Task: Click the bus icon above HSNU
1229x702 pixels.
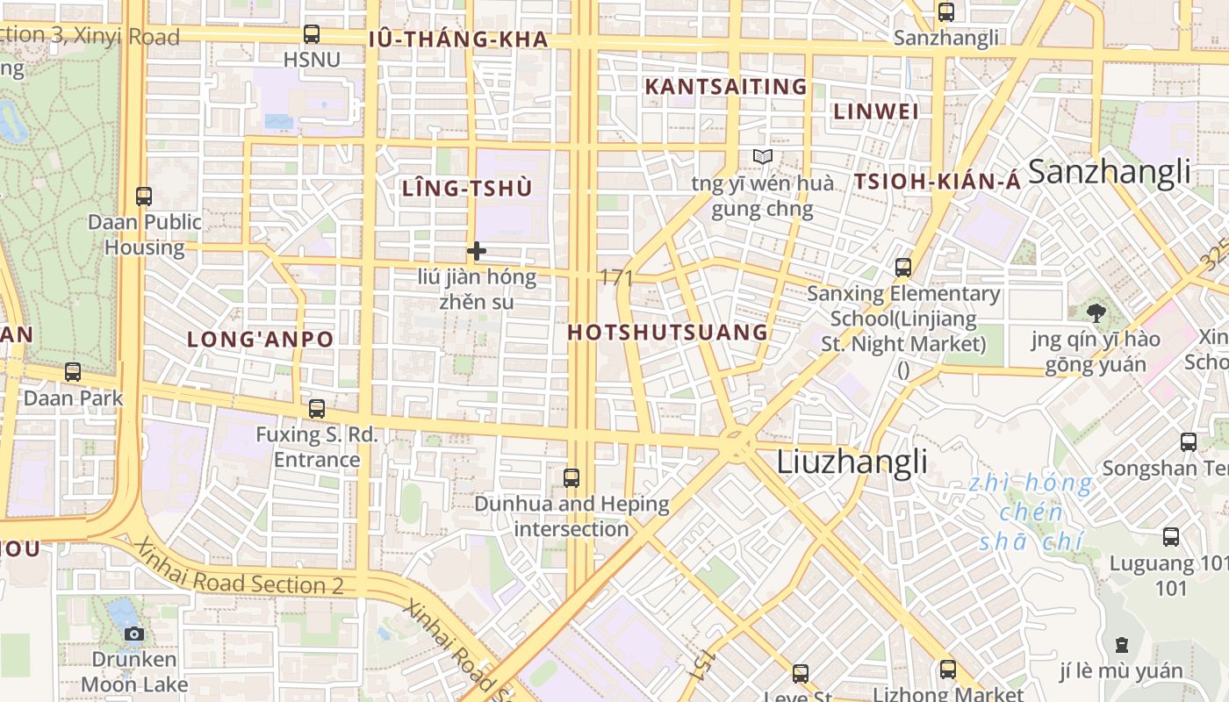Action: coord(311,34)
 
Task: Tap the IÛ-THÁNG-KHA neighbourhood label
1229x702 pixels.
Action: coord(458,39)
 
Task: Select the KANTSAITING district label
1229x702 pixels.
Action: coord(725,87)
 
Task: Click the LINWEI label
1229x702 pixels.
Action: coord(875,112)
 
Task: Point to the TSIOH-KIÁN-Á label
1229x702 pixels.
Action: coord(938,182)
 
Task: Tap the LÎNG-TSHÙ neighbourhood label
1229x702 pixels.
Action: coord(467,189)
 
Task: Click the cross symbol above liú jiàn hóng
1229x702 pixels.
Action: coord(477,252)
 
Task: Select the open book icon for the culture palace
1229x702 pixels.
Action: coord(763,157)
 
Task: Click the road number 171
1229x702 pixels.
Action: coord(616,278)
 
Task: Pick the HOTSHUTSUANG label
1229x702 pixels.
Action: coord(667,333)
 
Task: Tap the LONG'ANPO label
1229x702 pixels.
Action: coord(261,340)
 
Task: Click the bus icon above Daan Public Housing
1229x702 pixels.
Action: coord(144,197)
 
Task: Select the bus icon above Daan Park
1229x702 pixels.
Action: coord(73,372)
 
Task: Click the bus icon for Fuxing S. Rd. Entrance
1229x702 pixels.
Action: coord(316,409)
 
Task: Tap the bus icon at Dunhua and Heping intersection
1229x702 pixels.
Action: coord(571,478)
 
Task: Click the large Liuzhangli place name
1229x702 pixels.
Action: coord(852,462)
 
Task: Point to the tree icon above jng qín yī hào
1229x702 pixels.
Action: coord(1096,313)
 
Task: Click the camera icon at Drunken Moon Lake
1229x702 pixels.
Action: coord(134,634)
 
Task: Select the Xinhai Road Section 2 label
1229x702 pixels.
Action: coord(240,570)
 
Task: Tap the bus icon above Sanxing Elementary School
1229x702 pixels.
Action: coord(903,268)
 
